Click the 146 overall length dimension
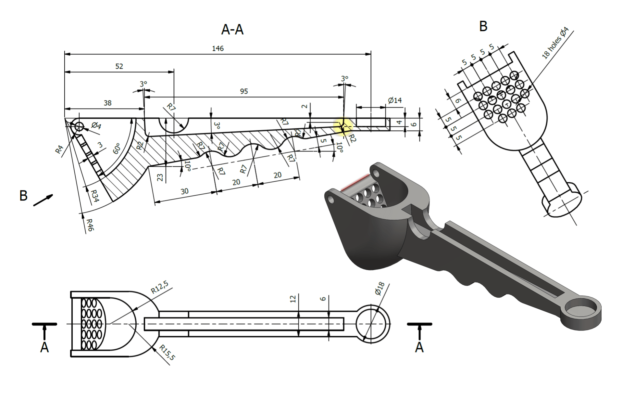pos(218,48)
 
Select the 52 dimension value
pos(119,66)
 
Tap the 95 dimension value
pos(244,91)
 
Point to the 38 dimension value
pos(107,103)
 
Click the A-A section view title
pos(232,30)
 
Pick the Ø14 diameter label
pos(394,100)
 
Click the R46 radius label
pos(90,225)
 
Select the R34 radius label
pos(94,196)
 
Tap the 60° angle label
pos(117,149)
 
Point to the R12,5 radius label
pos(160,287)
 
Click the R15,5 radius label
pos(167,353)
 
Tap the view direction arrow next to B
pos(43,200)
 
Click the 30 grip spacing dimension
pos(184,191)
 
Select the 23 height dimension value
pos(160,177)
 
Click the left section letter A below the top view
pos(44,347)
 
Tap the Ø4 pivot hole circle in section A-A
pos(79,127)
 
